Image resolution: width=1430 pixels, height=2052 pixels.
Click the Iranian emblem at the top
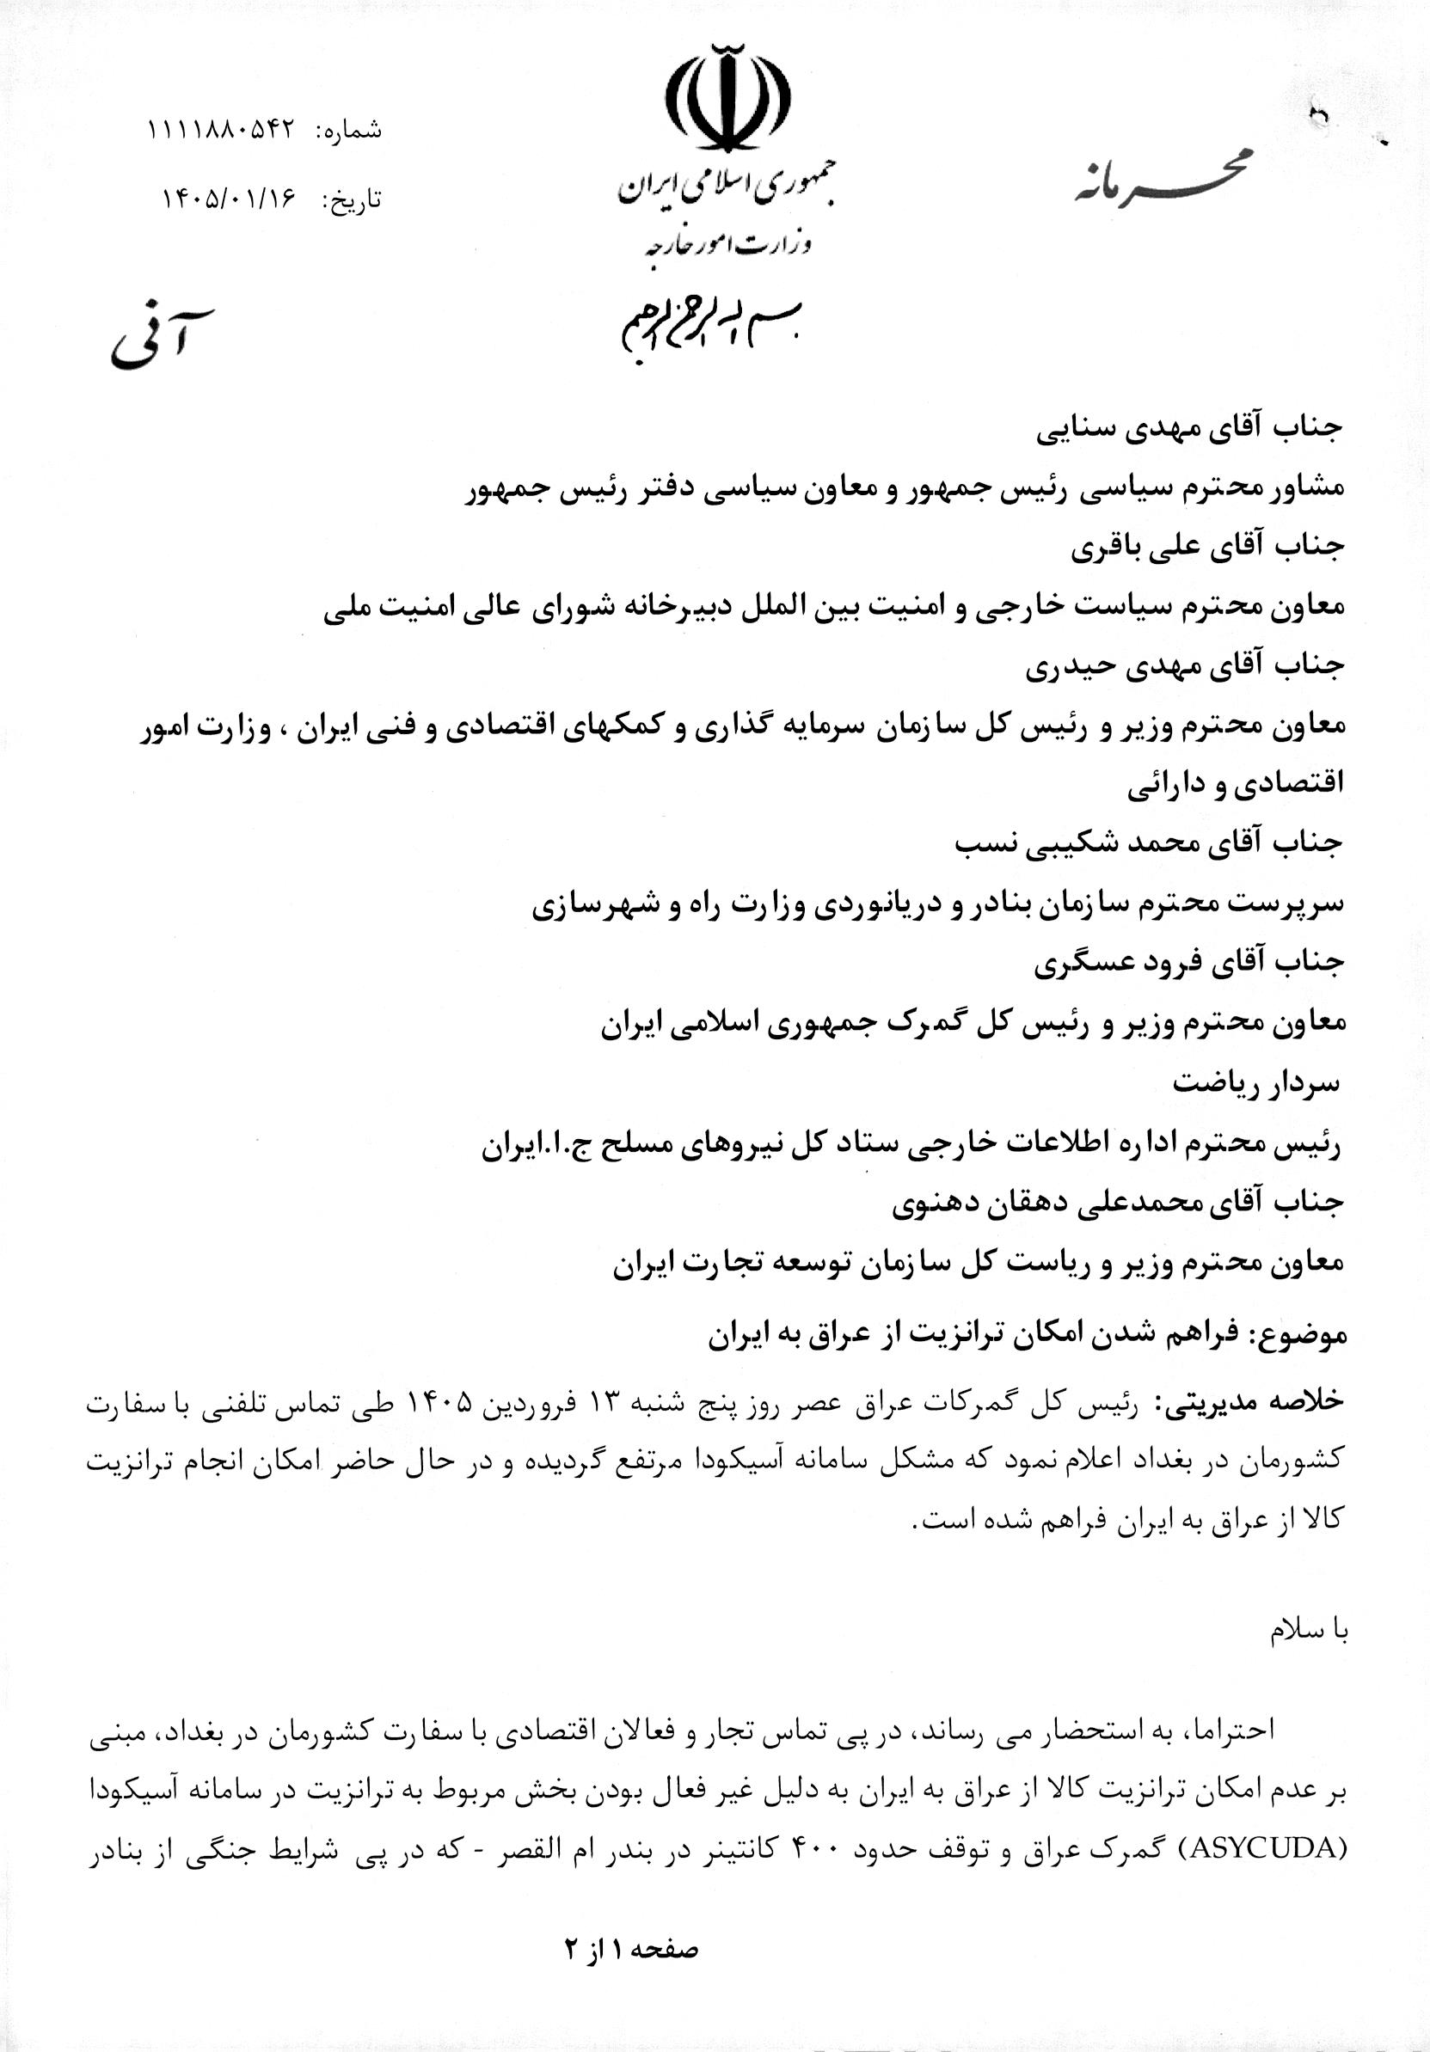[x=726, y=95]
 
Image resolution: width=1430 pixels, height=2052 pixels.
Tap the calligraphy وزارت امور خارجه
[x=725, y=240]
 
